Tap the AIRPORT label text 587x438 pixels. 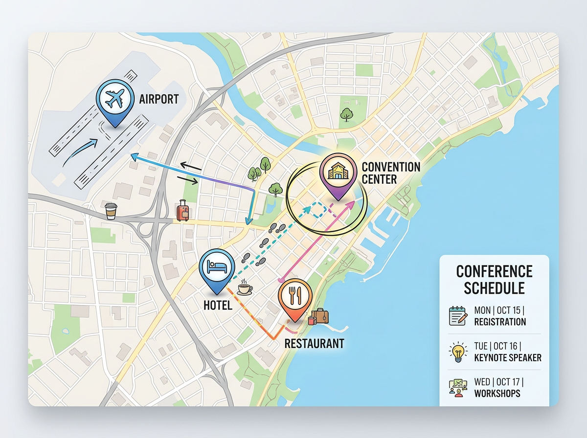click(159, 100)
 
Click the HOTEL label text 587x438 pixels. click(218, 306)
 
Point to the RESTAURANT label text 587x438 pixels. click(314, 343)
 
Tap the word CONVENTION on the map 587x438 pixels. click(391, 167)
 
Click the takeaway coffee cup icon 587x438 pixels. click(112, 211)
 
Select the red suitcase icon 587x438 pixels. click(183, 211)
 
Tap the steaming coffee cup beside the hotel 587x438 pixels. click(245, 288)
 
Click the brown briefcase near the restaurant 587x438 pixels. click(320, 316)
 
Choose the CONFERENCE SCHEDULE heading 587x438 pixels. click(494, 279)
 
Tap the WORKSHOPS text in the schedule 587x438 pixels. click(497, 394)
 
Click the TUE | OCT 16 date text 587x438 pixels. click(499, 346)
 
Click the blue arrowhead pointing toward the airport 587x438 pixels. click(134, 156)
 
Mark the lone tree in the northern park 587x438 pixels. click(347, 115)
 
